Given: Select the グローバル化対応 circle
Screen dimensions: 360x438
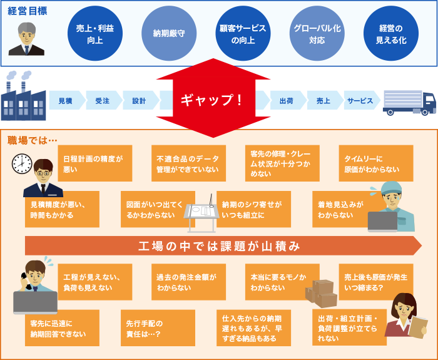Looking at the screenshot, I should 318,34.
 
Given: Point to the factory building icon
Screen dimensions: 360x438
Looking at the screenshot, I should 23,97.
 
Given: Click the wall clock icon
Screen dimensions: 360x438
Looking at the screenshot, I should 22,163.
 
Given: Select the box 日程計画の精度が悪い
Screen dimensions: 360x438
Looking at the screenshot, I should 94,163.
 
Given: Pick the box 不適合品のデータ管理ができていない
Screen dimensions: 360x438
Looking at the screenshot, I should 188,163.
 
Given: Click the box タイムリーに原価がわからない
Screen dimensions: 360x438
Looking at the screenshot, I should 375,163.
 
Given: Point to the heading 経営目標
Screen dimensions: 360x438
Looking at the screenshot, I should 28,11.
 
